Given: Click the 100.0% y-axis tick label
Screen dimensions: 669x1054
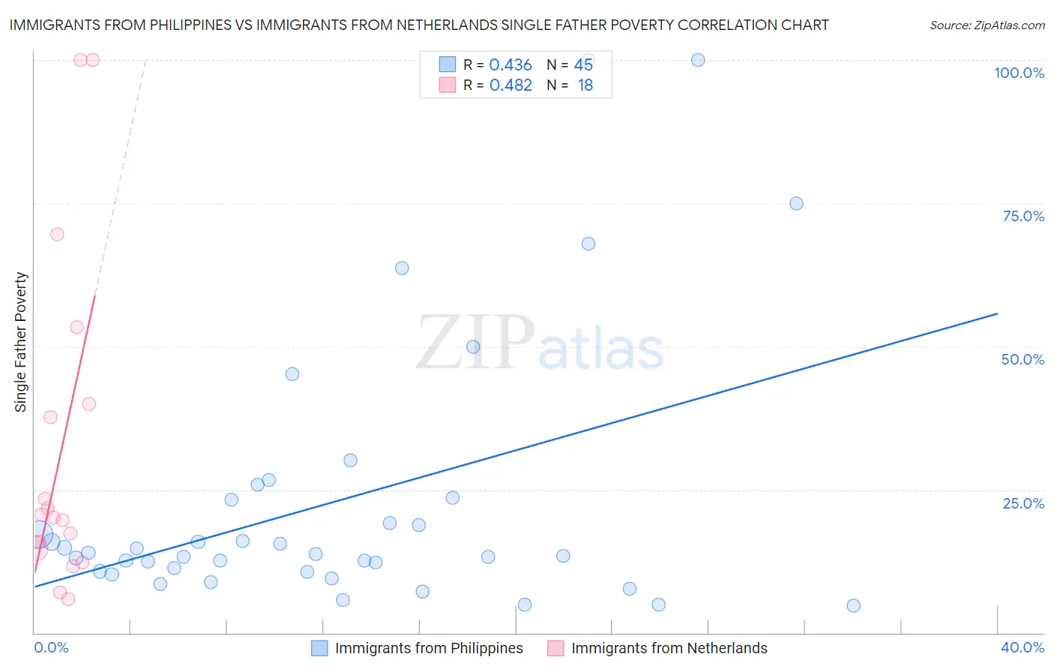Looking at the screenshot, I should (1019, 73).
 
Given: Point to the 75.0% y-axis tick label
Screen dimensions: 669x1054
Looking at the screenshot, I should (1023, 216).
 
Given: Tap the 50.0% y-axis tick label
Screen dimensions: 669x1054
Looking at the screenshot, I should (1023, 359).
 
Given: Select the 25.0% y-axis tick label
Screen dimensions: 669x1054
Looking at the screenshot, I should (1023, 502).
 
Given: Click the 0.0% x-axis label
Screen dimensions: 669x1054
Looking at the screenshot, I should (51, 647).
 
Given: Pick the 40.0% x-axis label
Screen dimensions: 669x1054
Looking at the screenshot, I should (1023, 647).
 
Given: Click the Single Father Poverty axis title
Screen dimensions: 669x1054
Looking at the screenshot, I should (21, 341).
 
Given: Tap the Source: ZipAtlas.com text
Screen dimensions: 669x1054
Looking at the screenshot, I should (987, 25).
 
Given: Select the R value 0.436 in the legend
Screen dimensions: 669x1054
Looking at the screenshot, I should (510, 65).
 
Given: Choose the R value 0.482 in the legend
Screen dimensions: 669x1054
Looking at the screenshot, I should (510, 85).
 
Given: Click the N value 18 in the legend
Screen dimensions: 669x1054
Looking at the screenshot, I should (585, 85).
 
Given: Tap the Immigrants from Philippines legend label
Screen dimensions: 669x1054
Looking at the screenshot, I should (429, 648).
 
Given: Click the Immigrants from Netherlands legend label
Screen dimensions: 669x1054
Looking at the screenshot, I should (669, 648).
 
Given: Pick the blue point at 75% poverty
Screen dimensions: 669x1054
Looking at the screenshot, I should (796, 203).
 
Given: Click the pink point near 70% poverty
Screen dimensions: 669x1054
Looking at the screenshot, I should (57, 234).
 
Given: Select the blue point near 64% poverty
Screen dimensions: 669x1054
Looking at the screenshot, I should (402, 268).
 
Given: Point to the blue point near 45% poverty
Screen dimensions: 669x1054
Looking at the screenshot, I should (292, 373).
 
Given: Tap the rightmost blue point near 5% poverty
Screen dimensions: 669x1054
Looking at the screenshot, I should (853, 605).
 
